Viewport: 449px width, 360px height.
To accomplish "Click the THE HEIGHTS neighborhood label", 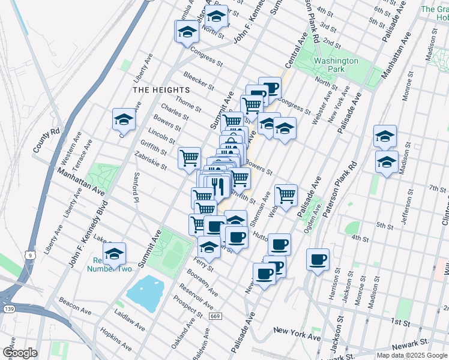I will [157, 89].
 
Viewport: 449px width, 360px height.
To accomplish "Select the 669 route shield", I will [215, 316].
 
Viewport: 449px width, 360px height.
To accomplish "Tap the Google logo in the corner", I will [19, 353].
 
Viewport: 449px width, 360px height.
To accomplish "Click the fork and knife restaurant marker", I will [218, 185].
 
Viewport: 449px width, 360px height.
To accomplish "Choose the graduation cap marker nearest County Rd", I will [124, 119].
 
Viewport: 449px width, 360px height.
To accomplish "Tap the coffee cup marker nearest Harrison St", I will [318, 259].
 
